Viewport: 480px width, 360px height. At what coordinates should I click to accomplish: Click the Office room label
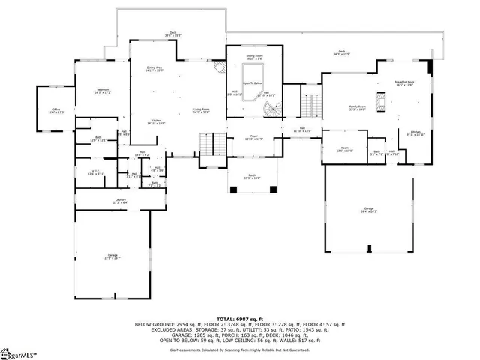tap(52, 110)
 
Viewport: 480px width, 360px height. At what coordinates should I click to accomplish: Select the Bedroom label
tap(103, 91)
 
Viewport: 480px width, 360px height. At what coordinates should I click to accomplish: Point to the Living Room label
tap(200, 110)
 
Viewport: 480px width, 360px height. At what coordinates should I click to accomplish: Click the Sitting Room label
tap(255, 56)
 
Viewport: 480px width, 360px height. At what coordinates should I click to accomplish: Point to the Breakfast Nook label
tap(404, 82)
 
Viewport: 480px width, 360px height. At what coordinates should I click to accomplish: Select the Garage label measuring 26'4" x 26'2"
tap(368, 211)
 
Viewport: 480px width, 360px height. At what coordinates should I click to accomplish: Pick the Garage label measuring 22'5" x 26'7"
tap(112, 256)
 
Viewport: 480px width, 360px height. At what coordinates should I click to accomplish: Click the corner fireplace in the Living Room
tap(218, 68)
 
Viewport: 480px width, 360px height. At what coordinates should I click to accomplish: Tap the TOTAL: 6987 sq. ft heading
tap(240, 319)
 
